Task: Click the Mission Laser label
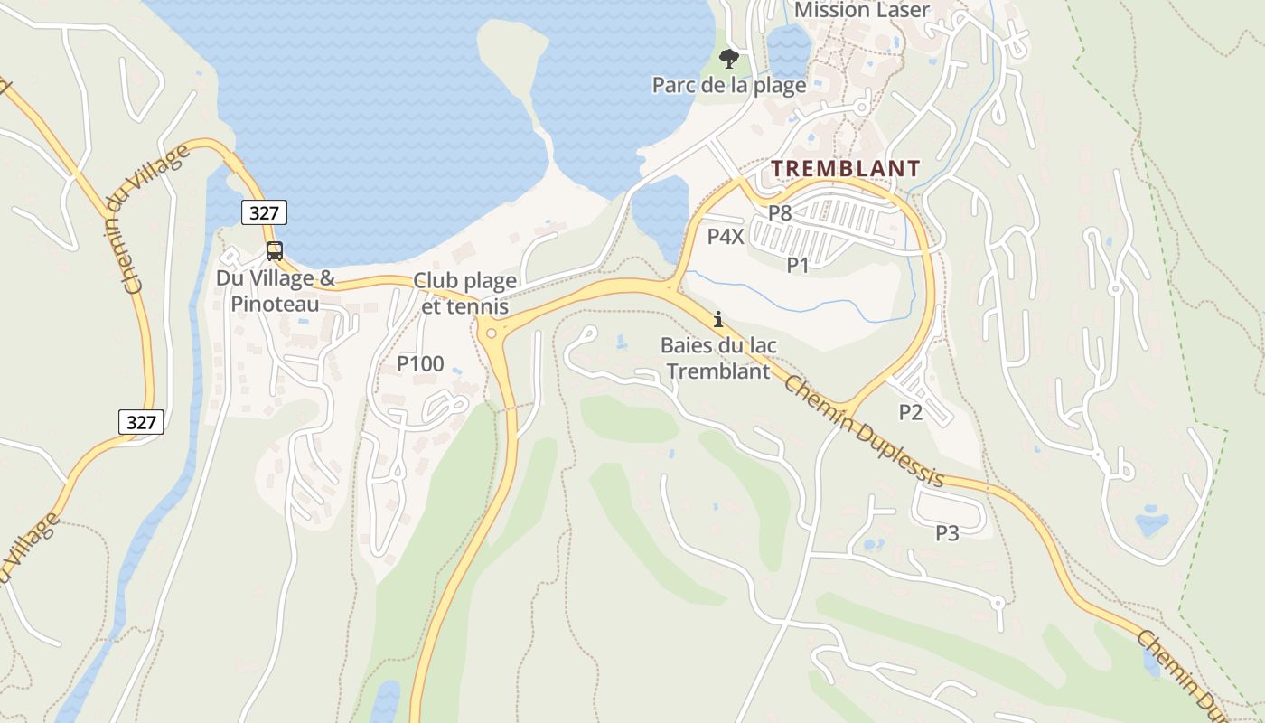pos(861,11)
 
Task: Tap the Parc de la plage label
pos(728,86)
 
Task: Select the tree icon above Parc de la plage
pos(728,60)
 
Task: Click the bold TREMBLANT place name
pos(846,169)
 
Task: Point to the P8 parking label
pos(780,213)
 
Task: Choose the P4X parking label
pos(726,237)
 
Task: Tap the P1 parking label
pos(798,265)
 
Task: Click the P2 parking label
pos(911,412)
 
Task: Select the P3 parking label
pos(947,533)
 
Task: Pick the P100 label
pos(420,364)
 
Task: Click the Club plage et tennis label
pos(464,294)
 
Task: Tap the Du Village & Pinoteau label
pos(275,291)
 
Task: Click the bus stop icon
pos(275,251)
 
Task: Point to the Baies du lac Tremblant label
pos(718,358)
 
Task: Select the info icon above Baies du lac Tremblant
pos(718,319)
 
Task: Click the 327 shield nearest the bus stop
pos(264,213)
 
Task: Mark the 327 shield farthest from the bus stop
pos(141,422)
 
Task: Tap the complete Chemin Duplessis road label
pos(865,432)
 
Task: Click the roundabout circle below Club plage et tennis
pos(491,333)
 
